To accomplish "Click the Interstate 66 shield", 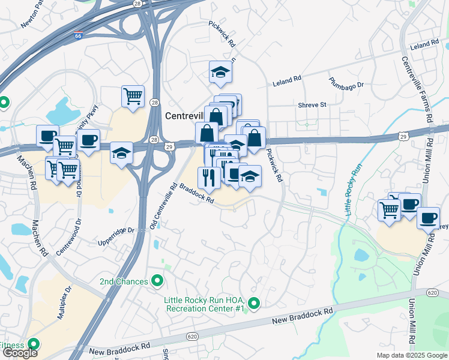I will point(79,35).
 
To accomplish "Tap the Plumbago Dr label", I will point(346,82).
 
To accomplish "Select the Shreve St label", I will point(312,104).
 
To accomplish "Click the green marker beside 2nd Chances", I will point(158,280).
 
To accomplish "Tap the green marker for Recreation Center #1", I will point(253,304).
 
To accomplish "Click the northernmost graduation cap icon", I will point(220,73).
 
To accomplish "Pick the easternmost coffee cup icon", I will point(428,217).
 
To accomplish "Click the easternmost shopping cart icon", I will point(389,210).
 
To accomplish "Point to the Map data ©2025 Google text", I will point(412,355).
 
